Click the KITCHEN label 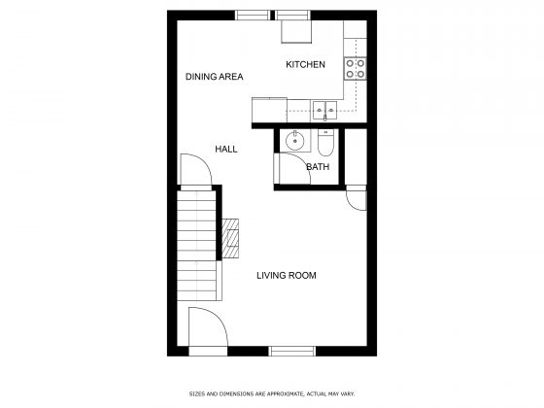[x=305, y=65]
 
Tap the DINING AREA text [x=214, y=76]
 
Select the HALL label [x=225, y=149]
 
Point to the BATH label [x=317, y=167]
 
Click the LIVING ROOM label [x=286, y=275]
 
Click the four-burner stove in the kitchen [x=357, y=68]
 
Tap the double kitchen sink [x=324, y=110]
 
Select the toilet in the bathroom [x=325, y=146]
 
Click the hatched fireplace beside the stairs [x=230, y=239]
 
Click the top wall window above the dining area [x=254, y=15]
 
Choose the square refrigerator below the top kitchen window [x=295, y=32]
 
